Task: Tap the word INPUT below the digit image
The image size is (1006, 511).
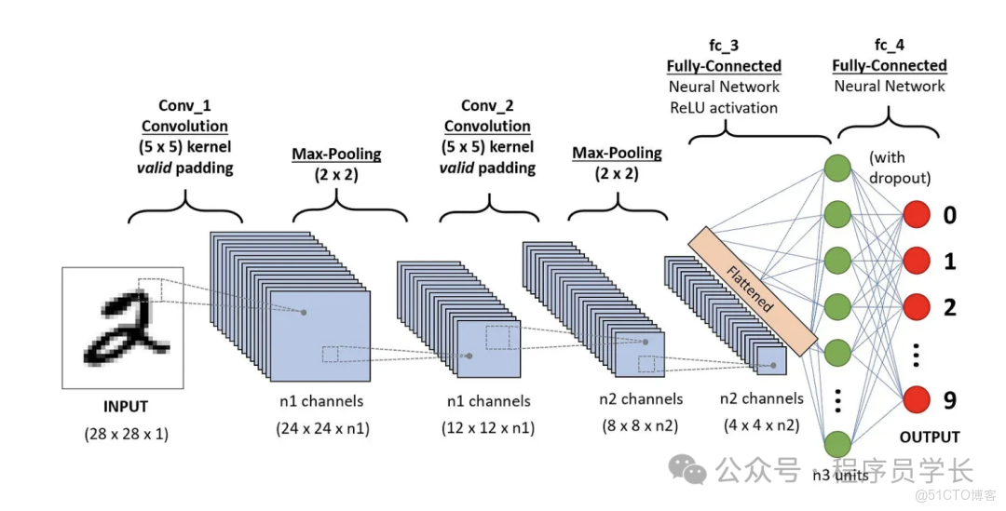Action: click(125, 407)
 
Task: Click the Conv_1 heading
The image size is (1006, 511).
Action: click(184, 105)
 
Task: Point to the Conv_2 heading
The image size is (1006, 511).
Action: click(487, 105)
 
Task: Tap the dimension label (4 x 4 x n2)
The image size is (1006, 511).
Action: click(761, 426)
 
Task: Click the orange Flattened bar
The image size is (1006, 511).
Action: click(753, 288)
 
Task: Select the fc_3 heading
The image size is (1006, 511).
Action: click(724, 46)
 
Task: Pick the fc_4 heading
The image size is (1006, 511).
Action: click(889, 46)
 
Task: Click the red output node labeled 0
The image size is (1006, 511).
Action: click(917, 216)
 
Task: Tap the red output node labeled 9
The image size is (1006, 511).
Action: click(917, 400)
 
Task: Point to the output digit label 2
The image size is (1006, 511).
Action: click(949, 306)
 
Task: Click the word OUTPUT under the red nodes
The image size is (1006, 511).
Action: click(929, 437)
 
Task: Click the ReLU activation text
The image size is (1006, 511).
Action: click(724, 107)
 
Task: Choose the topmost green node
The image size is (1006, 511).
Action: click(838, 168)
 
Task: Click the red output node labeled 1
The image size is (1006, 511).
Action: click(917, 262)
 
